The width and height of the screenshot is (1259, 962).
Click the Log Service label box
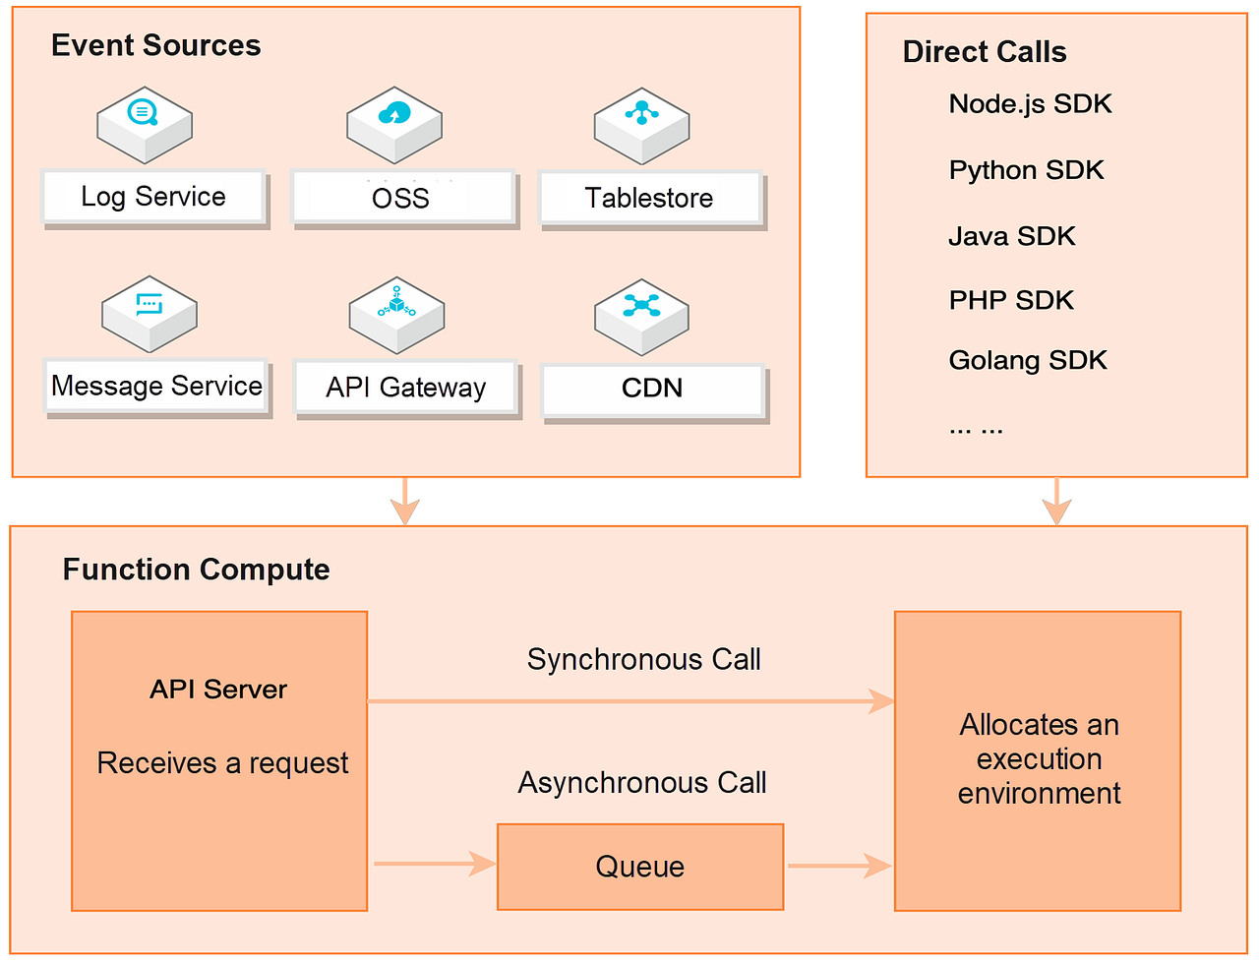click(153, 197)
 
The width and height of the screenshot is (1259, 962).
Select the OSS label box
click(402, 198)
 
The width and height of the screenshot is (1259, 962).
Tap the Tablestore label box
click(650, 198)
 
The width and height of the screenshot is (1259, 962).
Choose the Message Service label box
click(156, 386)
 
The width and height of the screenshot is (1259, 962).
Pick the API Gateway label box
click(406, 388)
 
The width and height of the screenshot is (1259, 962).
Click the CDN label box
click(653, 389)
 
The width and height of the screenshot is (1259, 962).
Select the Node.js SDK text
click(1030, 104)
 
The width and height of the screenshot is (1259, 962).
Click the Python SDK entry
click(1026, 170)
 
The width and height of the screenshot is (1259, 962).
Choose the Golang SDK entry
click(1028, 360)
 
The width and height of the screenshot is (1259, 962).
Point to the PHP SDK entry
click(1011, 300)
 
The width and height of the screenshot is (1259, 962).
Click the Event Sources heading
click(156, 45)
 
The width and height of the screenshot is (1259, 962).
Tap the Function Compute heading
click(197, 570)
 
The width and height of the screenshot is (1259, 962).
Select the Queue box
click(640, 867)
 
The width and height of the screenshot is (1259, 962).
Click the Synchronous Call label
click(644, 659)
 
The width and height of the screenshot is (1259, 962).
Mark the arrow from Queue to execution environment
click(839, 866)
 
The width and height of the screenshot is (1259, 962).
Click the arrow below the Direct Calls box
click(1056, 502)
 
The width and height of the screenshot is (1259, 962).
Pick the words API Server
click(218, 690)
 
